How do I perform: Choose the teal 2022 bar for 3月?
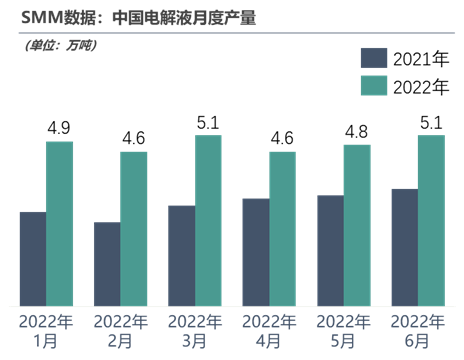(209, 220)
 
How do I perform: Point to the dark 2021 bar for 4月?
(256, 251)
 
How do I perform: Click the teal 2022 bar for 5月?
(357, 225)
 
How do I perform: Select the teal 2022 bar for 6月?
(431, 220)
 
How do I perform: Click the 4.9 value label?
(60, 128)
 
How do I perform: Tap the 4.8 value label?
(357, 131)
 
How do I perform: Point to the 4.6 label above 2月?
(134, 138)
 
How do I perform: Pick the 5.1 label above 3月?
(209, 121)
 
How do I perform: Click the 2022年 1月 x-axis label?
(47, 332)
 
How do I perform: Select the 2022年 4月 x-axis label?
(270, 332)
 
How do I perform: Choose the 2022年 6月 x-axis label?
(418, 332)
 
